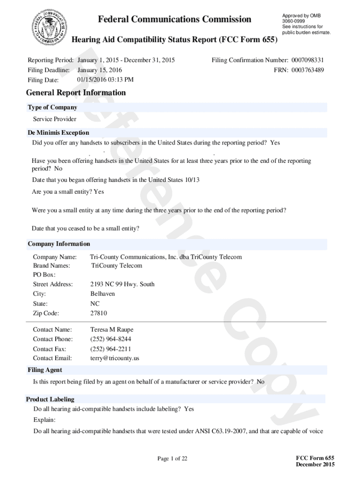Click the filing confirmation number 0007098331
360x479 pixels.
click(x=307, y=60)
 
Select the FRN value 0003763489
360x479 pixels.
click(x=307, y=70)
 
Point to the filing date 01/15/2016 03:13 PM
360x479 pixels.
click(x=105, y=80)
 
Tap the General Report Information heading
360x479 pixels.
click(x=76, y=93)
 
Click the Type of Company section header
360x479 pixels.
click(x=52, y=108)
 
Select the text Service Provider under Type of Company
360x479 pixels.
click(x=54, y=119)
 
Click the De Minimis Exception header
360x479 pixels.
click(x=58, y=133)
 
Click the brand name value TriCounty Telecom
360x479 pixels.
click(x=117, y=266)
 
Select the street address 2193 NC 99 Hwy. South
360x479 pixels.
click(x=122, y=284)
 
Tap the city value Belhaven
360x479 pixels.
click(x=102, y=294)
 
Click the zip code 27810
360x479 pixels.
click(x=99, y=313)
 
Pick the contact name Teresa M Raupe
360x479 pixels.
click(x=112, y=330)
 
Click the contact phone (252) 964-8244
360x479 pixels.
click(x=111, y=339)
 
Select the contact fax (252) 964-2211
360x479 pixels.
click(x=111, y=349)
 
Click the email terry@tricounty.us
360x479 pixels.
click(x=115, y=358)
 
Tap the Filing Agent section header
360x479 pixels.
click(x=45, y=370)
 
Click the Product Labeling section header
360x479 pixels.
click(x=50, y=399)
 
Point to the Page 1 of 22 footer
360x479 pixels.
click(x=172, y=459)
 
